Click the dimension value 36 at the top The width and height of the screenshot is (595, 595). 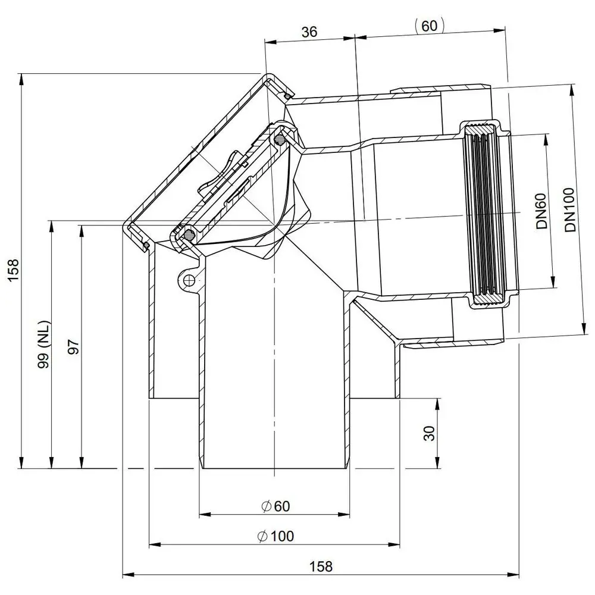309,32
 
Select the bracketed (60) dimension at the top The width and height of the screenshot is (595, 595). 429,26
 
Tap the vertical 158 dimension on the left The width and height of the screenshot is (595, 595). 13,270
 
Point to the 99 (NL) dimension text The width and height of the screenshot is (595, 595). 43,344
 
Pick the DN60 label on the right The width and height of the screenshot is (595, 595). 541,211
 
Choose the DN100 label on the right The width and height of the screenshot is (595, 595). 570,209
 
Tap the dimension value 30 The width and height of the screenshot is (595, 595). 429,433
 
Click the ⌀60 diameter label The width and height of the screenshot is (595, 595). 276,506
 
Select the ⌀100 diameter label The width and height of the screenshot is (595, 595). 275,536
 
